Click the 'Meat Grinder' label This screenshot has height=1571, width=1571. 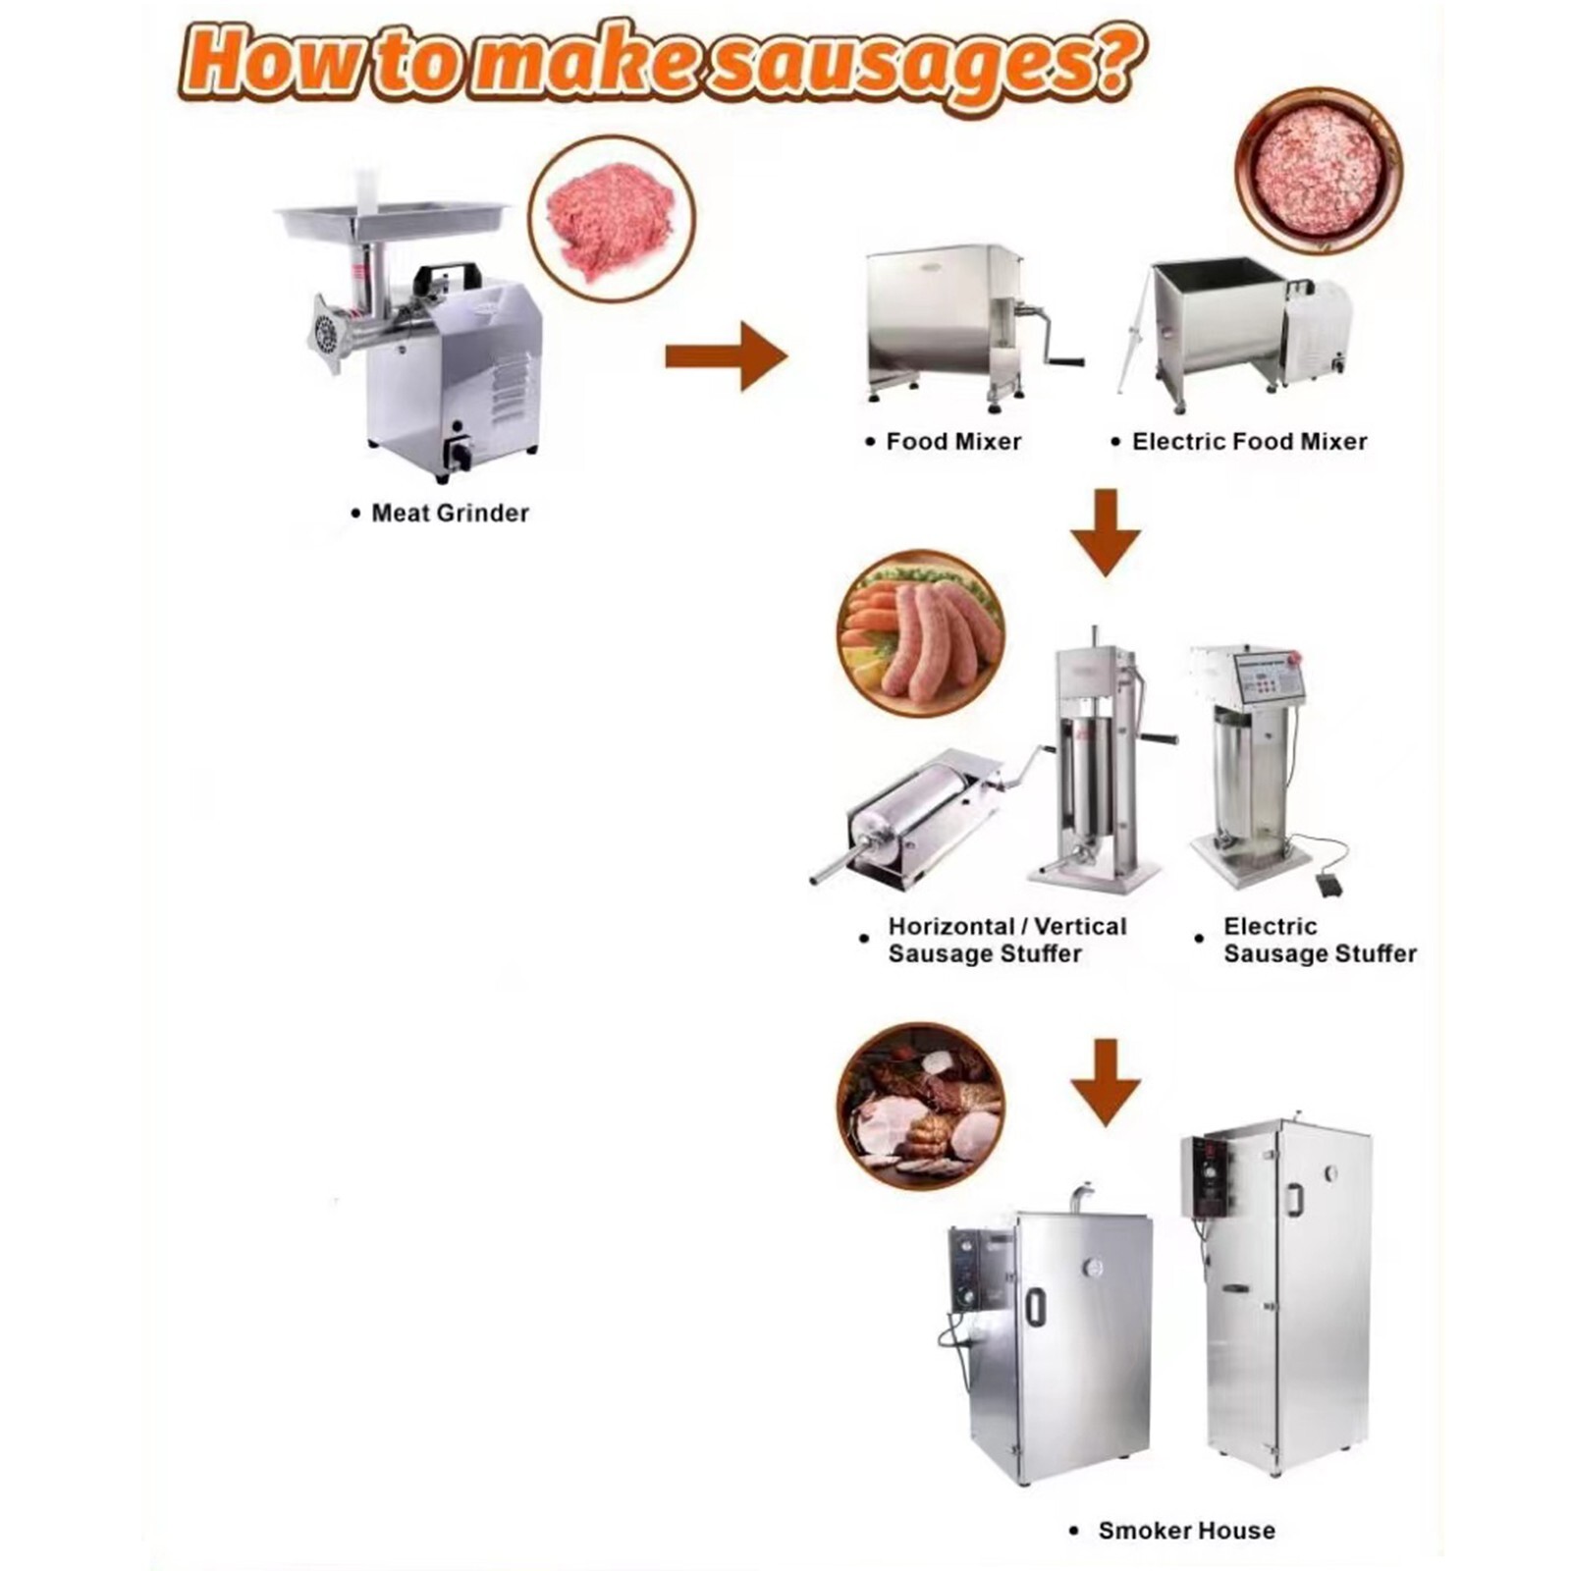(450, 513)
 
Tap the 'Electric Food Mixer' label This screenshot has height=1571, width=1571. (1249, 442)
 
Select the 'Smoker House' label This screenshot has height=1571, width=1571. (1186, 1530)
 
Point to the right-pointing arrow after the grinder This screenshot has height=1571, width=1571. (726, 355)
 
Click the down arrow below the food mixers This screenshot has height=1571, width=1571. (1106, 532)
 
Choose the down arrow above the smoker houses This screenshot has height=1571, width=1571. (1106, 1081)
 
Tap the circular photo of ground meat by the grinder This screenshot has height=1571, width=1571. (611, 218)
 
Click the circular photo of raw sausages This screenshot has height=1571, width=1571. (921, 632)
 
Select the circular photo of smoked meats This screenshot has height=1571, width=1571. (921, 1106)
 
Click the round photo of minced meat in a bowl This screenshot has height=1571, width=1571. (1318, 171)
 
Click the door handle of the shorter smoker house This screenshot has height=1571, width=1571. (1034, 1307)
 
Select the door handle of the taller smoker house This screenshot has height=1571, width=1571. (1296, 1199)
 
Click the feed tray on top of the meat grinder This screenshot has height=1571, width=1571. (393, 218)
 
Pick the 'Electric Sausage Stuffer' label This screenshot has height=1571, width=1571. (1319, 940)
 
